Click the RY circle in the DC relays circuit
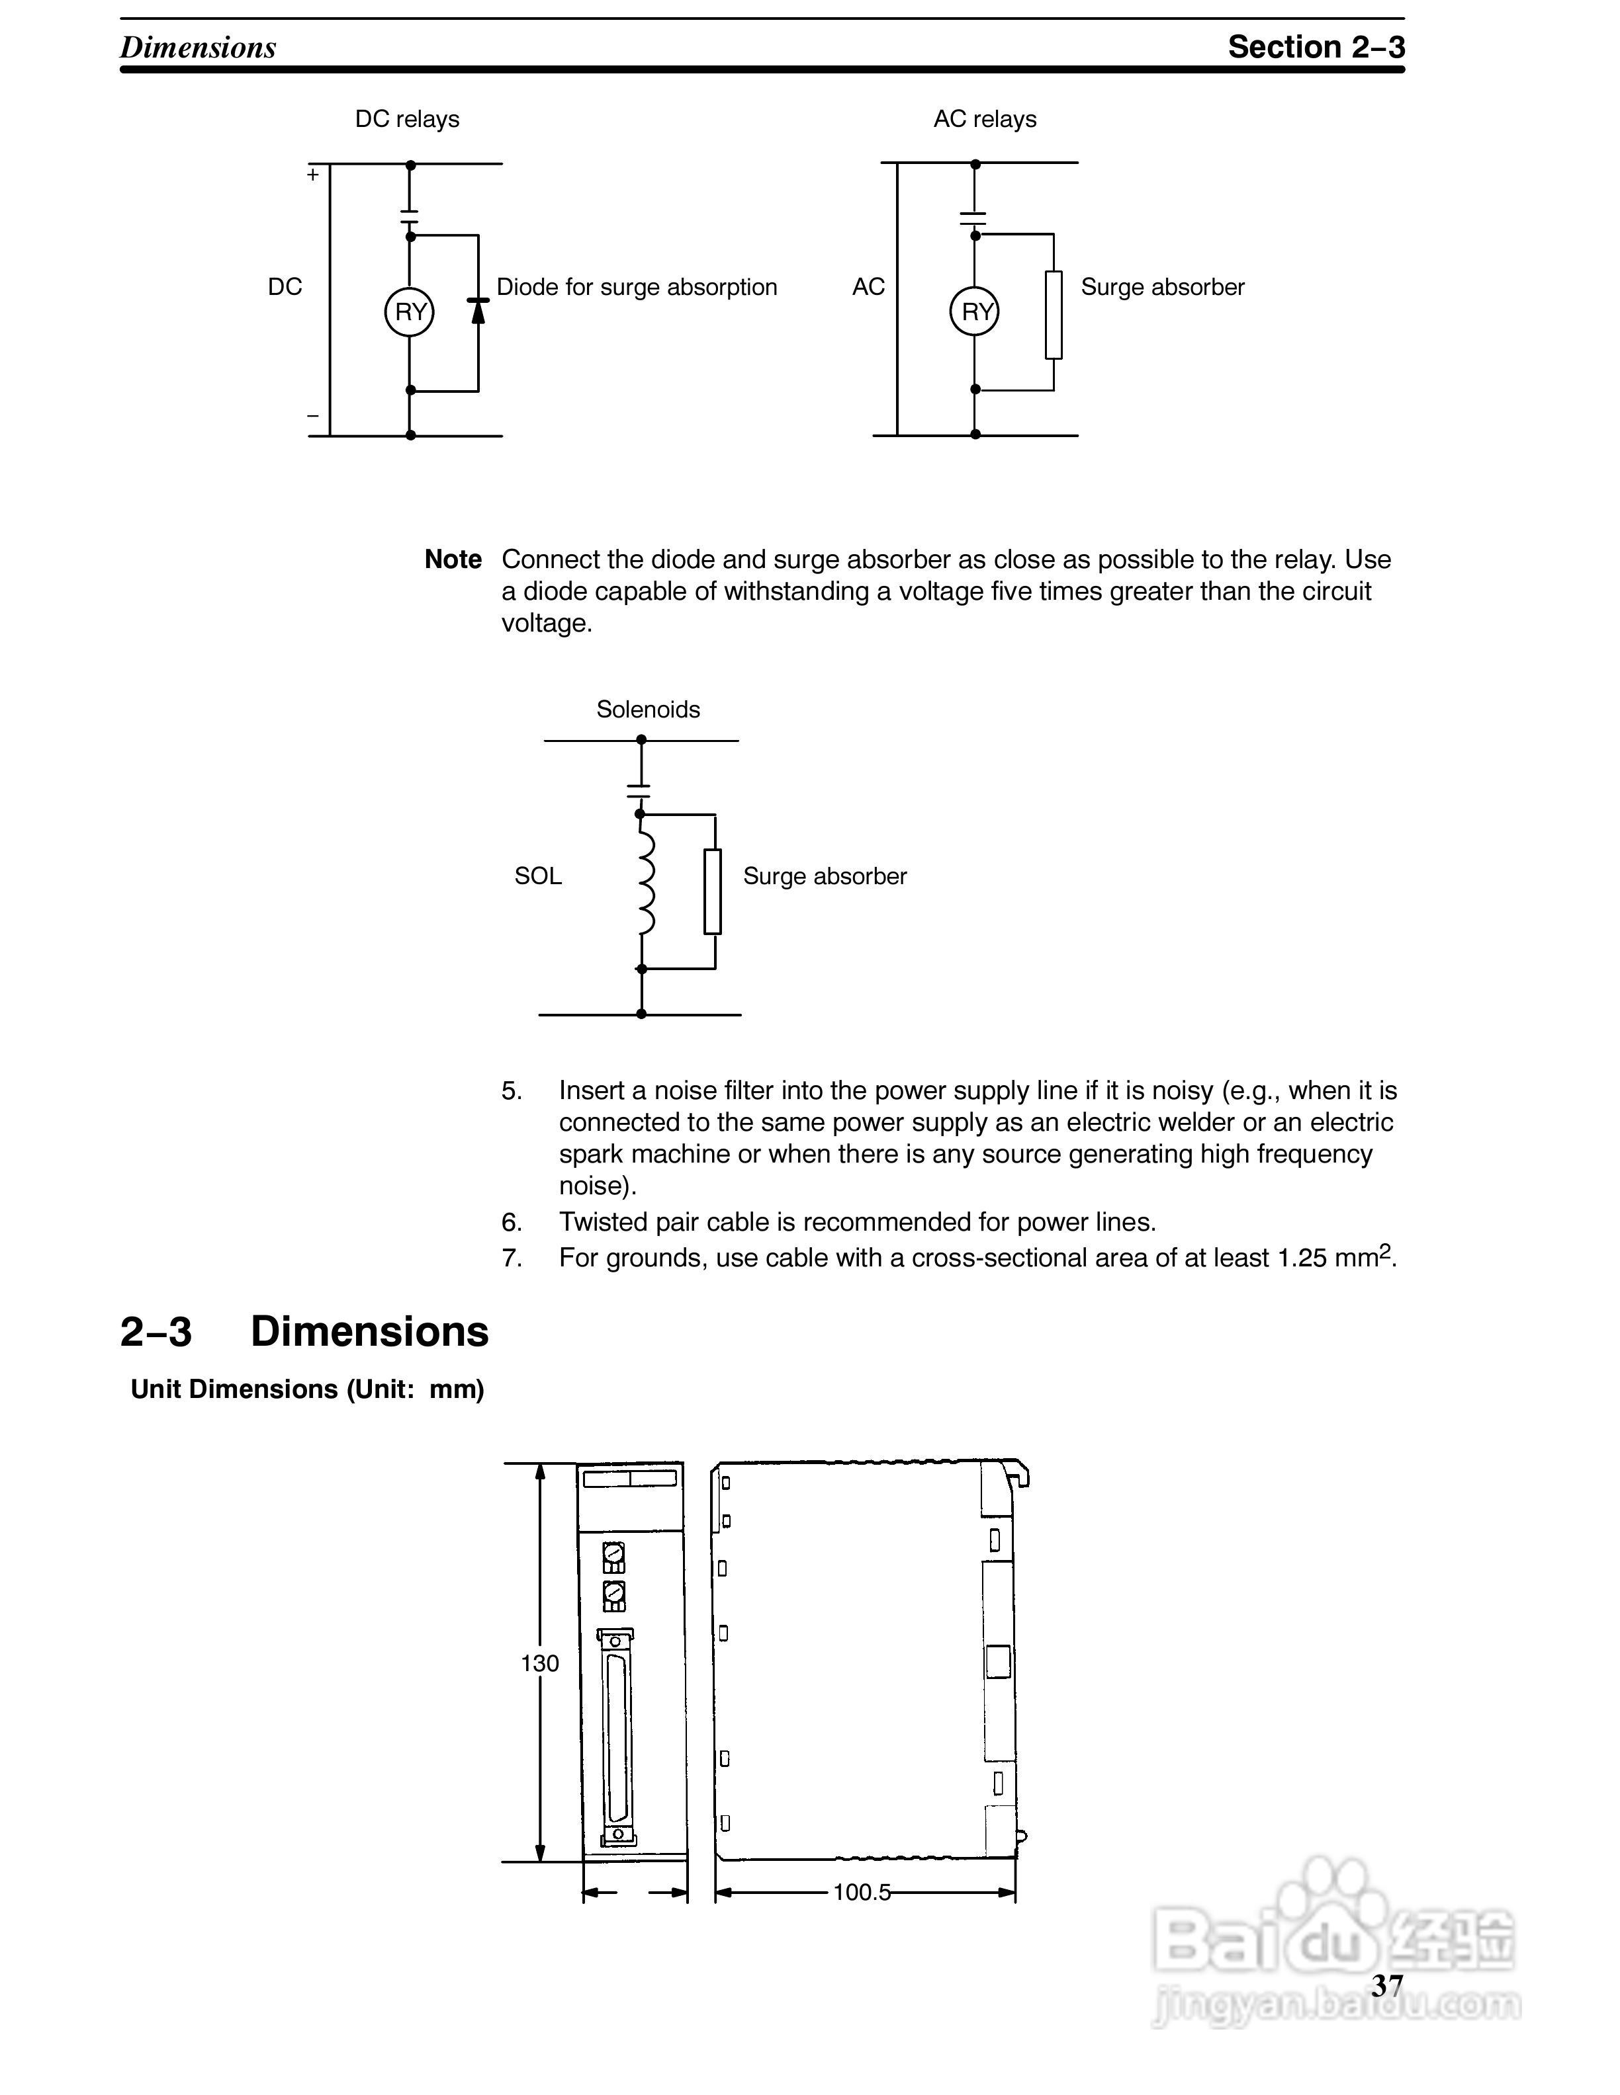tap(410, 311)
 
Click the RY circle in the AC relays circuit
tap(974, 311)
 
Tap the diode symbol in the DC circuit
tap(478, 311)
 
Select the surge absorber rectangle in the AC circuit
tap(1054, 315)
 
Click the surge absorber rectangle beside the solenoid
tap(712, 891)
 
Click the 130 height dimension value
tap(539, 1663)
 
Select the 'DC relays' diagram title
tap(407, 119)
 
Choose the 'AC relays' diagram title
tap(985, 119)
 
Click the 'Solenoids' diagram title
tap(648, 709)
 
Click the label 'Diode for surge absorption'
tap(637, 287)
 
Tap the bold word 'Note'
tap(453, 559)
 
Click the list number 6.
tap(512, 1222)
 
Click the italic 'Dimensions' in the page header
tap(198, 47)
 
